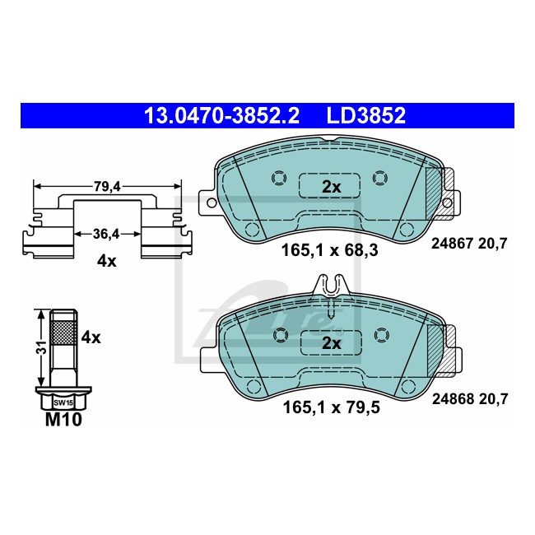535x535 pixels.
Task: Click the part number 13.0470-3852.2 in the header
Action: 221,116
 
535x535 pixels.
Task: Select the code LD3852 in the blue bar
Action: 366,116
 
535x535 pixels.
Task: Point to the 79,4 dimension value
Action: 107,187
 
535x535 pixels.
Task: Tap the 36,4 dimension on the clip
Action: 106,234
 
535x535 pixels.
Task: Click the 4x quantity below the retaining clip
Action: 106,262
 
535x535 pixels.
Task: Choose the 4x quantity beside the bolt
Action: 91,337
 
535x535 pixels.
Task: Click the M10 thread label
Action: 64,419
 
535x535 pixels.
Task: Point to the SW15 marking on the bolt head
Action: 63,403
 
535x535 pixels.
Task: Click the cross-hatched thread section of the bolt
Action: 63,333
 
